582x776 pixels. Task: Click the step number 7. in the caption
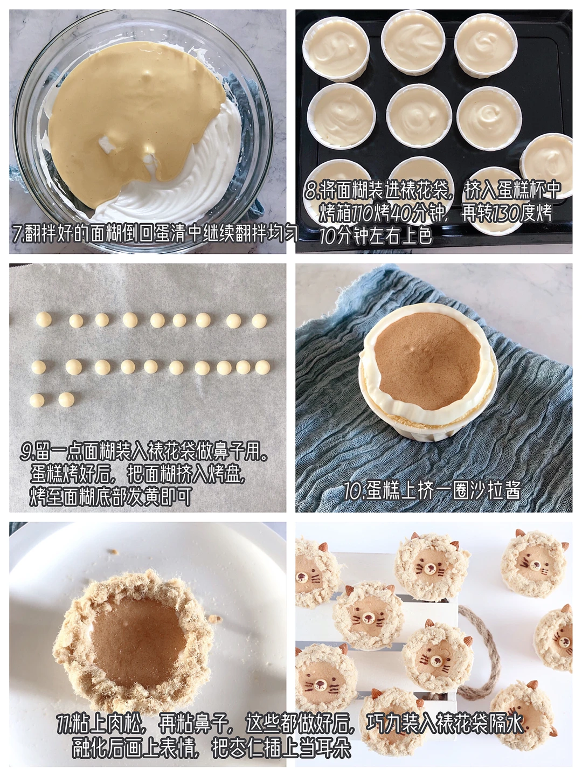click(x=18, y=234)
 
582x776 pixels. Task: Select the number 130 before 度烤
click(x=507, y=213)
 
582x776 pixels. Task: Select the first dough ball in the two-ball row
click(x=37, y=400)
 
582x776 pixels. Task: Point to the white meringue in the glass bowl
click(x=198, y=184)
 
